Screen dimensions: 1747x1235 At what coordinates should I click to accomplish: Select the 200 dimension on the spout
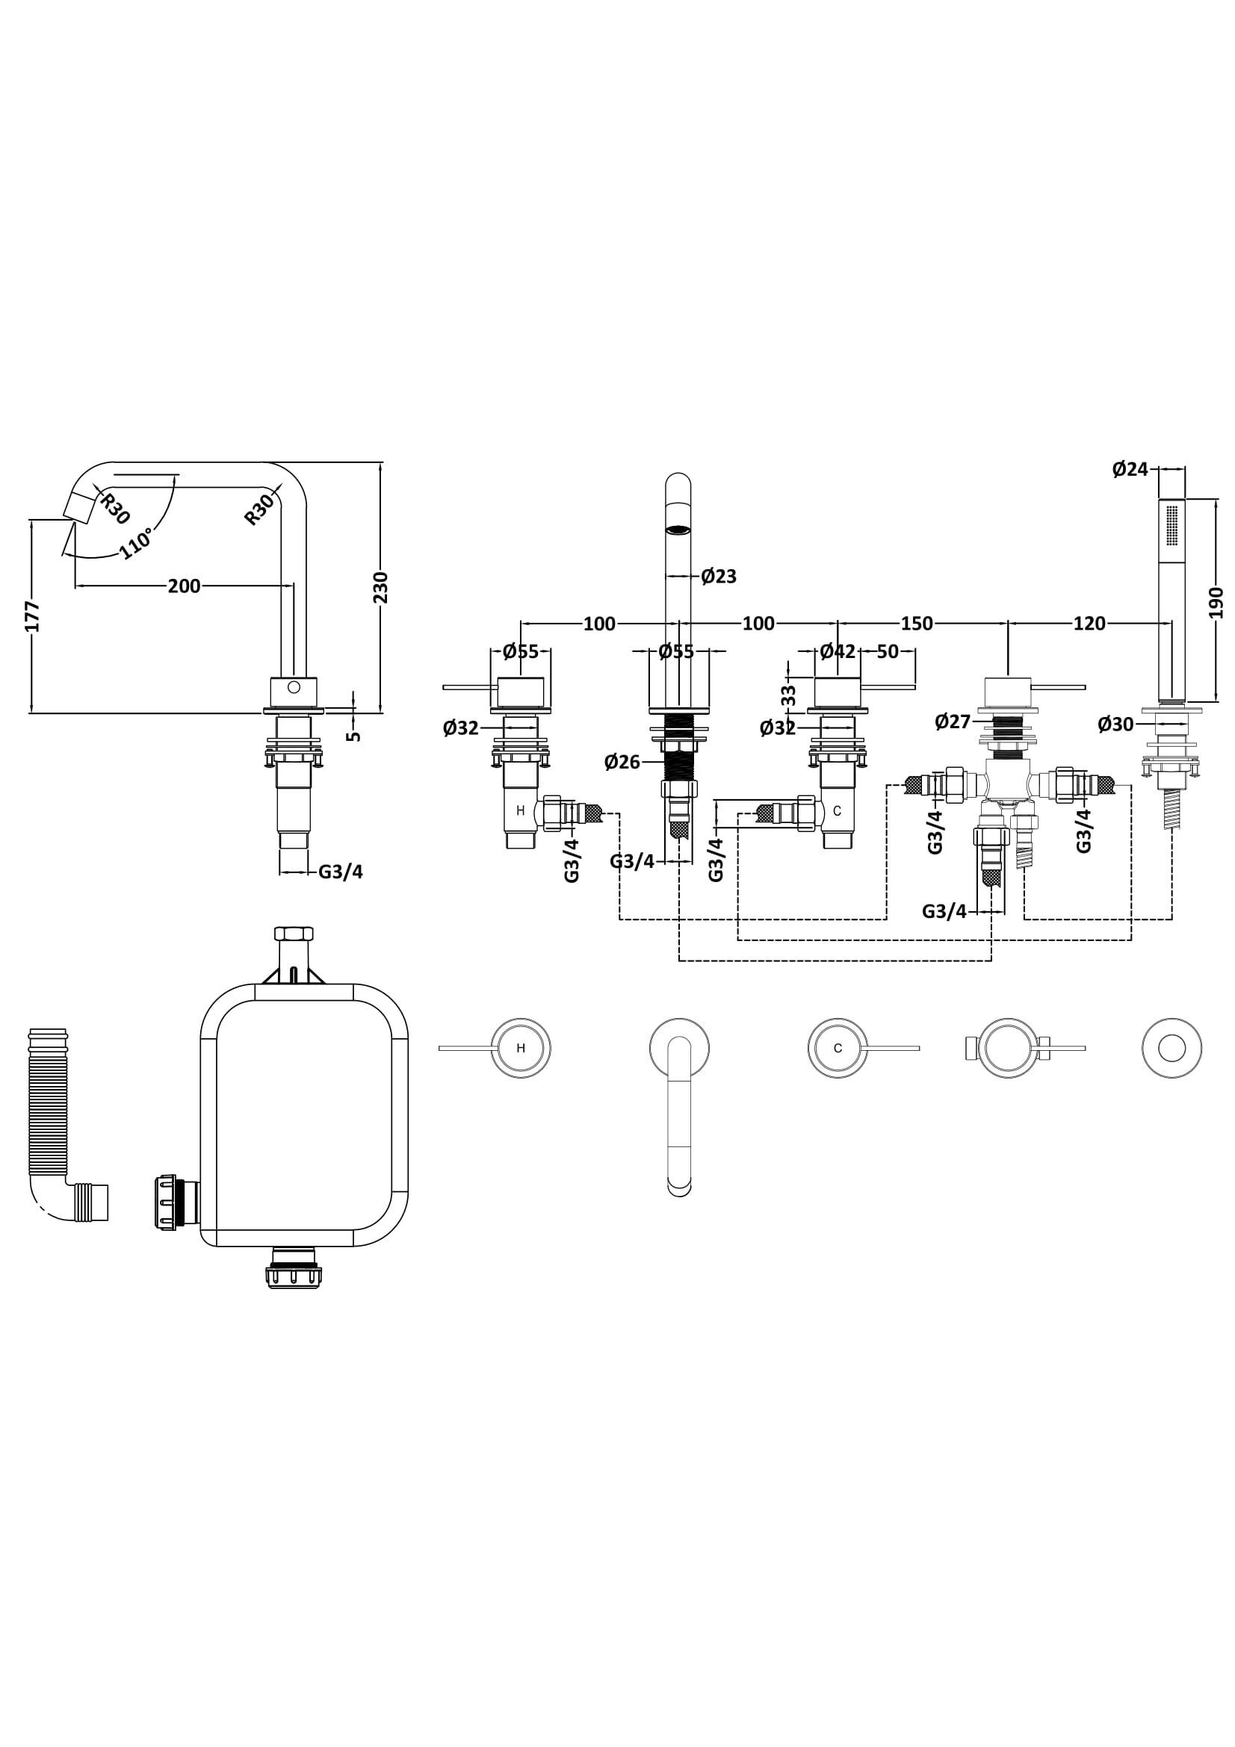tap(184, 586)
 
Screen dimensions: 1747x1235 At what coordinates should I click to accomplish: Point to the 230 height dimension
tap(380, 587)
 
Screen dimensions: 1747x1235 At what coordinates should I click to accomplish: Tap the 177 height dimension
tap(32, 616)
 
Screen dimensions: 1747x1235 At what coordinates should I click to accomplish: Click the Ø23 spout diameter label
tap(718, 576)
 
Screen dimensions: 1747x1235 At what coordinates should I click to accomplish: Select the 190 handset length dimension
tap(1216, 602)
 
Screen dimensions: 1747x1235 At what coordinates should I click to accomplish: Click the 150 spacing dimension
tap(916, 623)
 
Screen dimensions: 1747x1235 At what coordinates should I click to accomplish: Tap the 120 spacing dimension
tap(1089, 623)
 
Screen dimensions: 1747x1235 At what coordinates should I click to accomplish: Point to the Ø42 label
tap(837, 651)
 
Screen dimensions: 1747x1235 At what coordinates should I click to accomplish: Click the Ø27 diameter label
tap(952, 722)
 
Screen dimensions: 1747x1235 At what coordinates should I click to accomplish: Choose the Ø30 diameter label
tap(1115, 725)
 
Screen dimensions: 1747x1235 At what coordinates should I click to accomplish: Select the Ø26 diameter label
tap(622, 761)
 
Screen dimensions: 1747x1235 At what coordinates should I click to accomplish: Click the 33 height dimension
tap(789, 695)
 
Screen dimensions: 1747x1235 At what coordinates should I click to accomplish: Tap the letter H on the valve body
tap(521, 811)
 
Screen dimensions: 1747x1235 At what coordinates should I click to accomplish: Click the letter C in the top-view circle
tap(838, 1048)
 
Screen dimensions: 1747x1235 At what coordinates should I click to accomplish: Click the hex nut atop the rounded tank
tap(293, 934)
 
